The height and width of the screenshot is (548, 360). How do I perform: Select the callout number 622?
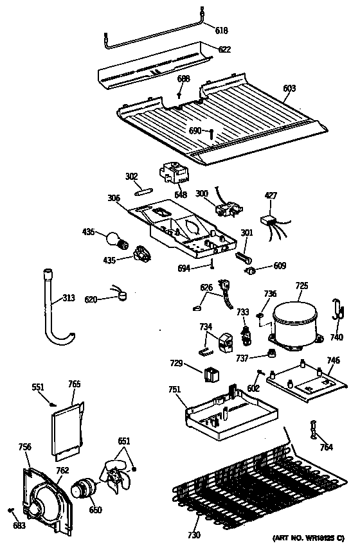coord(224,49)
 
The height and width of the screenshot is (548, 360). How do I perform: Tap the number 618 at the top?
coord(221,30)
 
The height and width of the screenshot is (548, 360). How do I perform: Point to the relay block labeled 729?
coord(211,373)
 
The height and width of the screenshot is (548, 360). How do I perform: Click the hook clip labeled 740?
coord(336,310)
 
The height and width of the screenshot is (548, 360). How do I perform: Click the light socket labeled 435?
coord(140,258)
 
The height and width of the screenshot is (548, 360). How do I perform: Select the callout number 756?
coord(25,446)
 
